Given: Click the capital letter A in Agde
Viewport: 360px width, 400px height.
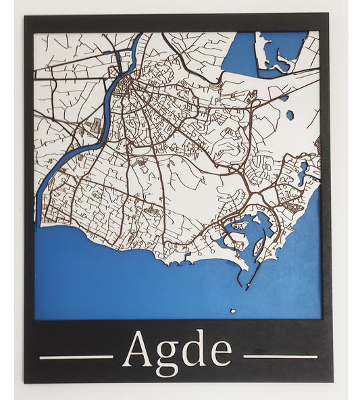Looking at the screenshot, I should pyautogui.click(x=137, y=350).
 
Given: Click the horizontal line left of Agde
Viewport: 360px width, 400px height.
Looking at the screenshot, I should pyautogui.click(x=76, y=357).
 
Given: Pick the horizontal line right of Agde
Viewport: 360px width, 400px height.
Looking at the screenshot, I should pyautogui.click(x=280, y=356).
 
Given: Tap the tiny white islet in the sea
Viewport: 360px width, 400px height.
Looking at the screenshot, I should pyautogui.click(x=233, y=311).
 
